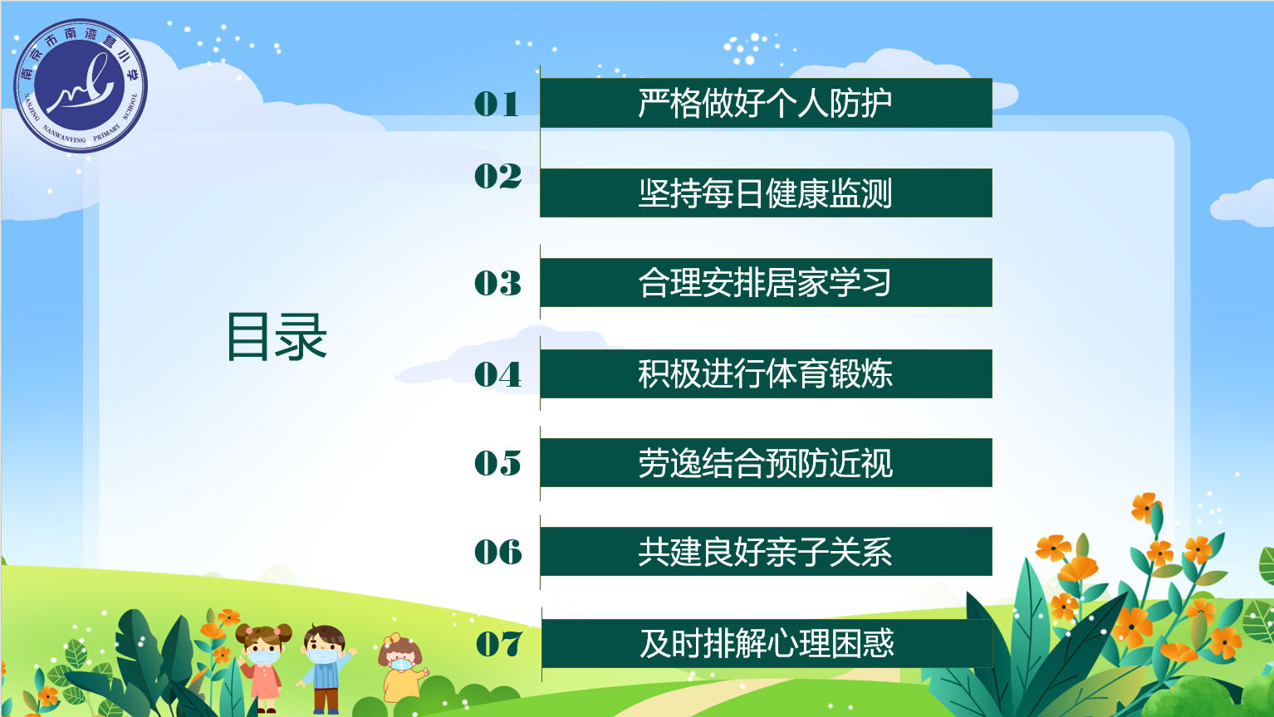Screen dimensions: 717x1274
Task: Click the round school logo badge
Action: click(x=81, y=85)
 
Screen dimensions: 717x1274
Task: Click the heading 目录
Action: click(x=277, y=337)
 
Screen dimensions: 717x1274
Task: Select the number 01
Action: click(x=497, y=104)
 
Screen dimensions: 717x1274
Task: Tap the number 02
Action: click(x=497, y=176)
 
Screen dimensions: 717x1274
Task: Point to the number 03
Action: click(x=497, y=284)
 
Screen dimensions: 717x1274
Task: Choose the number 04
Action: click(x=497, y=374)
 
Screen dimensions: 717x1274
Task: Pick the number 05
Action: click(x=497, y=463)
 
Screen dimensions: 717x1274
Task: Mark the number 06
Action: click(x=497, y=552)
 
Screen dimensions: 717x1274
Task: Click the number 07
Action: click(x=498, y=644)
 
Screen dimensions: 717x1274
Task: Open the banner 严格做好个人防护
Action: click(x=765, y=103)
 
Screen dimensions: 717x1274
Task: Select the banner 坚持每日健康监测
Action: click(x=765, y=193)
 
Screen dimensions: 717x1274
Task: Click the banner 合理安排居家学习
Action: click(x=765, y=283)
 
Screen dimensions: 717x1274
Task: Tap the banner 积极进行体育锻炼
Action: click(x=765, y=373)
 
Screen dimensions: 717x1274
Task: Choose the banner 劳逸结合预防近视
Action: click(x=765, y=463)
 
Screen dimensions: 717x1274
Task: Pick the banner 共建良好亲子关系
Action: click(x=765, y=552)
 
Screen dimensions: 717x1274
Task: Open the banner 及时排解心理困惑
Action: click(x=767, y=643)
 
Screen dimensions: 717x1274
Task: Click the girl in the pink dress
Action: click(x=265, y=669)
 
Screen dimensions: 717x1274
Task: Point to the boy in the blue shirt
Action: click(x=326, y=669)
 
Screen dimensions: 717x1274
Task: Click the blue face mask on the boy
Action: click(x=323, y=656)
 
